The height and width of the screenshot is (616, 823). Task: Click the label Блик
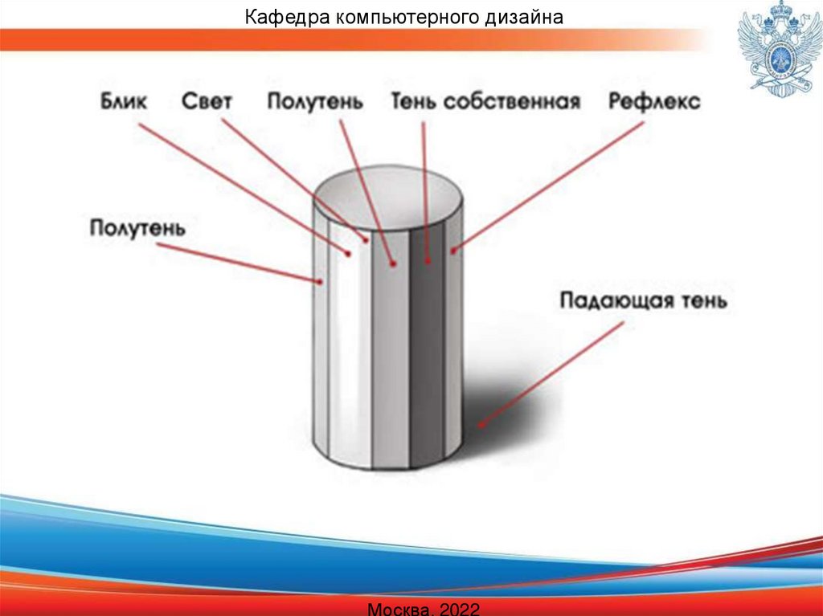tap(125, 103)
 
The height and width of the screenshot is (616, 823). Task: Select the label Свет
tap(207, 103)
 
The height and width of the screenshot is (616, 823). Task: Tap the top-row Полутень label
tap(315, 103)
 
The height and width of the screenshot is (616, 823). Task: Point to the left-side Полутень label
tap(137, 228)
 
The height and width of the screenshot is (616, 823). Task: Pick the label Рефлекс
tap(654, 103)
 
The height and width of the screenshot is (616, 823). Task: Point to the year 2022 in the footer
tap(461, 609)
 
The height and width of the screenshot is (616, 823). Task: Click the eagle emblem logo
tap(776, 48)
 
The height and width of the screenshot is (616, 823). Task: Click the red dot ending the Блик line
tap(349, 254)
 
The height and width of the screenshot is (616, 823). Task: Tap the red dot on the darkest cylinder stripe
tap(427, 262)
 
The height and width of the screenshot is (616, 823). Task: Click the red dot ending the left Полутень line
tap(320, 282)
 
